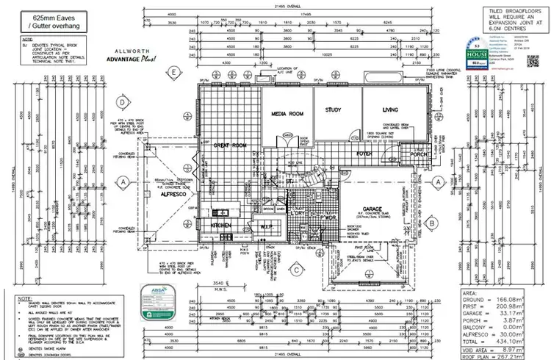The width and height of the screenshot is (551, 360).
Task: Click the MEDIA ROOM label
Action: pyautogui.click(x=287, y=115)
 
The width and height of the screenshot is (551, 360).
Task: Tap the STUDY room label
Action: pyautogui.click(x=334, y=110)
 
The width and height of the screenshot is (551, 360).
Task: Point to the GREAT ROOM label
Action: pyautogui.click(x=229, y=145)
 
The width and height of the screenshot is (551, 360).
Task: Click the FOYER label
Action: pyautogui.click(x=365, y=154)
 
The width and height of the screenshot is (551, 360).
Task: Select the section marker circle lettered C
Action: pyautogui.click(x=294, y=269)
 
